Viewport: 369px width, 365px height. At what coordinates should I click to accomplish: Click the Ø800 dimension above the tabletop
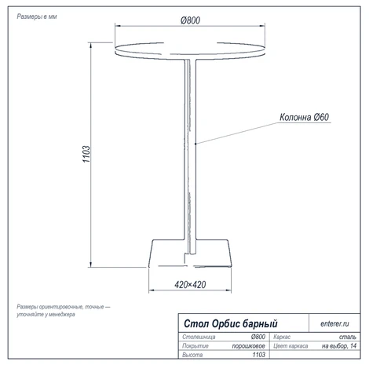tap(190, 20)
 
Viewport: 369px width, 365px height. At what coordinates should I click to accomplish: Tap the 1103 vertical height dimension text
tap(86, 154)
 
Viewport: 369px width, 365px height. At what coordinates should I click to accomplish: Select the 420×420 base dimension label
tap(190, 285)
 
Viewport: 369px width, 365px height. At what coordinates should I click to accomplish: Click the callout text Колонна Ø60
tap(304, 117)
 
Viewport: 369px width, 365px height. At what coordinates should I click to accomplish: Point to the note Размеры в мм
tap(37, 16)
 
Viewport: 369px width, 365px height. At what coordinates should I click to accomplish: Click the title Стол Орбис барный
tap(231, 323)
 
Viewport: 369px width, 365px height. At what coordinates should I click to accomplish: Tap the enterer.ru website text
tap(334, 323)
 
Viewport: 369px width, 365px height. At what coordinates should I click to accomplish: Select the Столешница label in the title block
tap(199, 337)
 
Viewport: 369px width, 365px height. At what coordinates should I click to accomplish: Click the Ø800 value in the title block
tap(258, 337)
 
